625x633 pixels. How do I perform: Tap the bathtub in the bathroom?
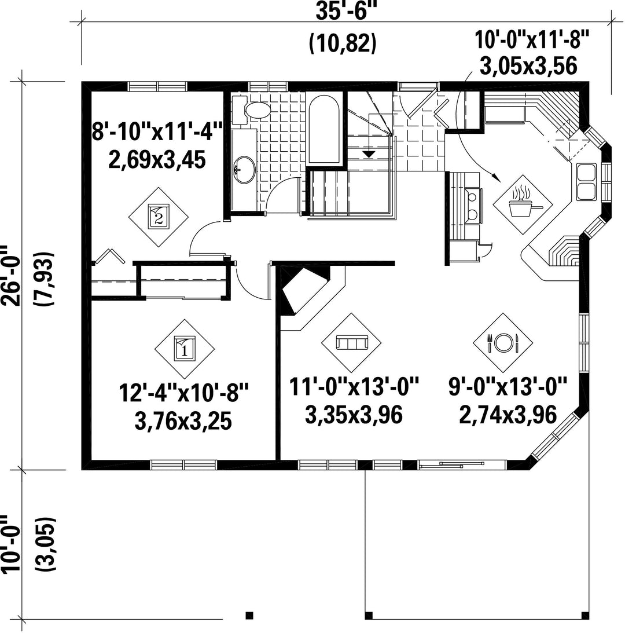[x=324, y=129]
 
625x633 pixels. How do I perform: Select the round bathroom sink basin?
[x=245, y=170]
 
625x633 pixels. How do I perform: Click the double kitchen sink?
[x=586, y=182]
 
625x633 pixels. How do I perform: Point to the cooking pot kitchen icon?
[x=523, y=203]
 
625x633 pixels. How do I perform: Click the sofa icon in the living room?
[x=351, y=343]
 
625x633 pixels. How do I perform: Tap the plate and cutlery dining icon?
[x=503, y=343]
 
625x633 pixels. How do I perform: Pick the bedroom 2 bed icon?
[x=158, y=217]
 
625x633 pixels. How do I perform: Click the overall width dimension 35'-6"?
[x=342, y=11]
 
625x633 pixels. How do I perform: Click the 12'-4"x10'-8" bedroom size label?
[x=183, y=393]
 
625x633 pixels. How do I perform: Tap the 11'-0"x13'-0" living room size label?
[x=354, y=387]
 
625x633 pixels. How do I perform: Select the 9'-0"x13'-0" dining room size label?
[x=508, y=387]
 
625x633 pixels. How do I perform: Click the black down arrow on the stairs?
[x=369, y=154]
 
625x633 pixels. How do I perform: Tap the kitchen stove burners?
[x=472, y=204]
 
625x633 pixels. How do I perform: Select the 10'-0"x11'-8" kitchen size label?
[x=531, y=41]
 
